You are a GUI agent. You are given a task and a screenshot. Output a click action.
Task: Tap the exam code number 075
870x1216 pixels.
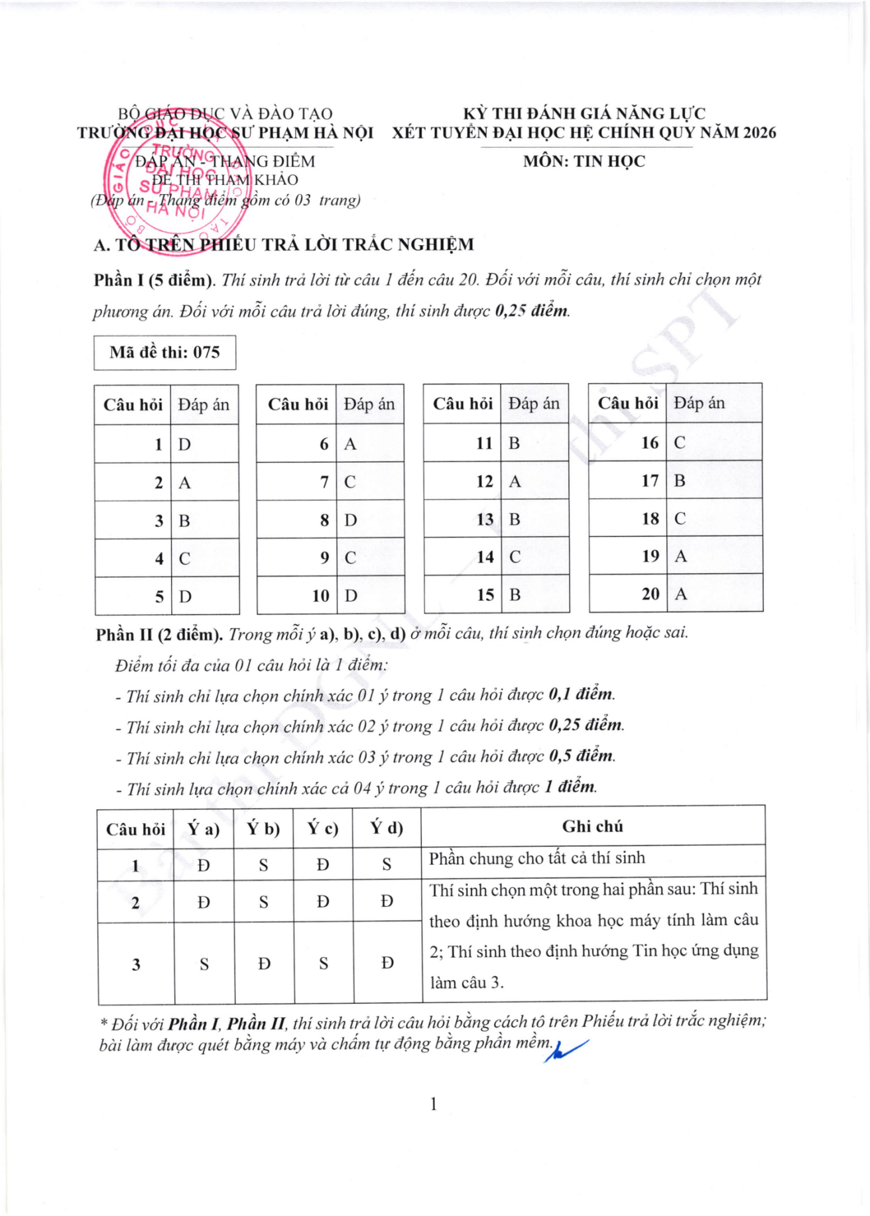(x=206, y=353)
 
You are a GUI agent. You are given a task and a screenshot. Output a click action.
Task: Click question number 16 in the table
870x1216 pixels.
(x=650, y=443)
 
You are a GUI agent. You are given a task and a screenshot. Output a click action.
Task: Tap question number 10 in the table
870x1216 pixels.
(x=321, y=596)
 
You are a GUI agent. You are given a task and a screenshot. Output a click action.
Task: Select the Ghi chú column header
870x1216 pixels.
(x=593, y=826)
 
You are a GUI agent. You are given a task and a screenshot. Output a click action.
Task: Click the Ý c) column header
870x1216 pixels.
(x=323, y=828)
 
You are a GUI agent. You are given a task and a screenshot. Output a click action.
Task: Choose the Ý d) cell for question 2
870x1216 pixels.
(x=387, y=901)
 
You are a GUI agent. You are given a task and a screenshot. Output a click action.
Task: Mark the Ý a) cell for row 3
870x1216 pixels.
(x=204, y=964)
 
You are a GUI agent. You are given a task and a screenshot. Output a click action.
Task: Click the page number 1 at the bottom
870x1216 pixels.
(x=434, y=1104)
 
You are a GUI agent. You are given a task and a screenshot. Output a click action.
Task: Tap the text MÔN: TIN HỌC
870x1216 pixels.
(x=584, y=161)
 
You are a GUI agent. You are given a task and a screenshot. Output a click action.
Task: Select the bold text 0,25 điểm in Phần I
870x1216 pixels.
(x=532, y=310)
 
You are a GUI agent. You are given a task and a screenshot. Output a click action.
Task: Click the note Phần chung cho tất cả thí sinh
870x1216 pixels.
(x=536, y=858)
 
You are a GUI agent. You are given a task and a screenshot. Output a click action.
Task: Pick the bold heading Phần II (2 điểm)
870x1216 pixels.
(x=159, y=635)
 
